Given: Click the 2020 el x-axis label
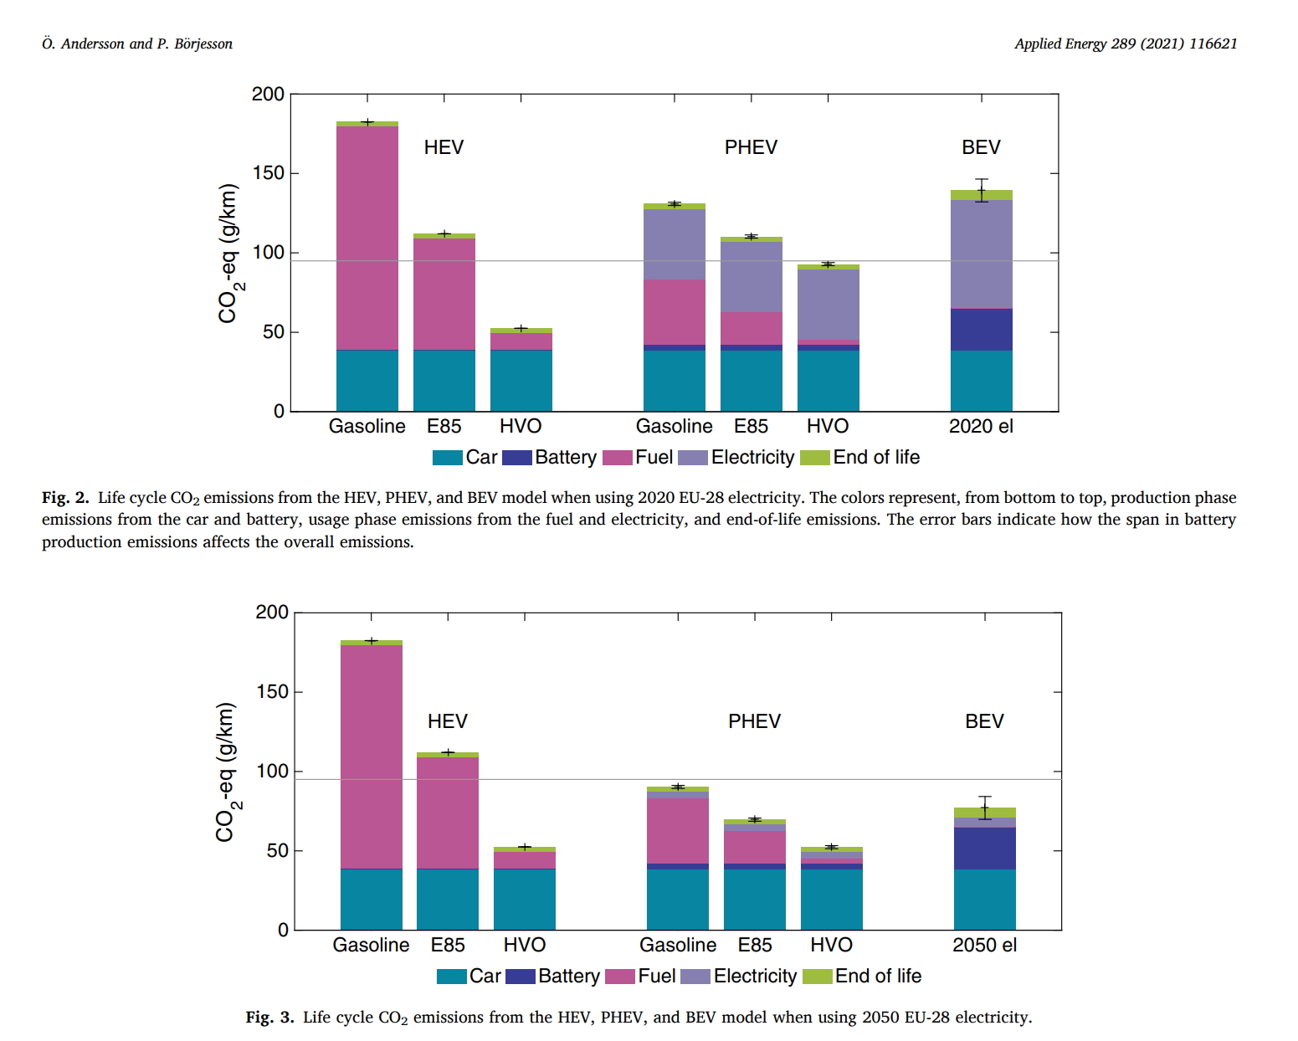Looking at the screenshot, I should (981, 427).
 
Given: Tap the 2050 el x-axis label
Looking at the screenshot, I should (984, 946).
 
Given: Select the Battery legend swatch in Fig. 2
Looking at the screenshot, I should (518, 458).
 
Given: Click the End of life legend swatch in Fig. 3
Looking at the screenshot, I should (817, 977).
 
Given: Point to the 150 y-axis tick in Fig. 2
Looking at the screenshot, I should (268, 173).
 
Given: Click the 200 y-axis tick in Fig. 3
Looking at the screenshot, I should (271, 613).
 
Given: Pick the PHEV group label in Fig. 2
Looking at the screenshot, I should (751, 147).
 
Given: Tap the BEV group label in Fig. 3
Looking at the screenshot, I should (984, 721).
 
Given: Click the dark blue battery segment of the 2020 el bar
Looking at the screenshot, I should (981, 330).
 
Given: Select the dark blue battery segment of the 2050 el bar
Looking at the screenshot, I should (984, 849).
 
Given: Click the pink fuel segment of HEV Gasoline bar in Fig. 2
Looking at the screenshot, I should (367, 238).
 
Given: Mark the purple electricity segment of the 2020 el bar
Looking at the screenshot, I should (981, 254).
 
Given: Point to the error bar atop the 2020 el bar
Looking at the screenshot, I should (981, 190).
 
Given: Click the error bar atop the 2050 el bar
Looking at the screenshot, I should (984, 808).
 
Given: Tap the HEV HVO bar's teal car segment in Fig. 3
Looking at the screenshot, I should (524, 900).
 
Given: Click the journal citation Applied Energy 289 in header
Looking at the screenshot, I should (1125, 44).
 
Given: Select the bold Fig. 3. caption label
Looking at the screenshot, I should (269, 1018).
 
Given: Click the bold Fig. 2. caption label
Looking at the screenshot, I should (65, 498).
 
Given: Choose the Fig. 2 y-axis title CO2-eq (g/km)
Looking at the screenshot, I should (228, 253).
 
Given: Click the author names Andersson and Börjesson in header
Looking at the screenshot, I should (137, 44).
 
